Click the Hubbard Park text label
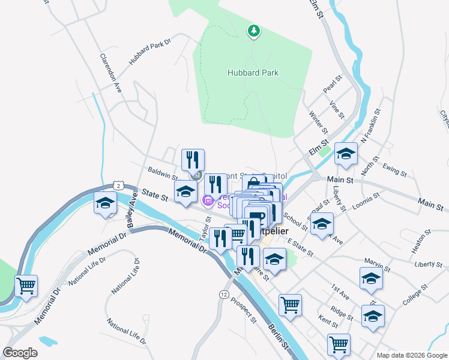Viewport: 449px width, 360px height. click(253, 73)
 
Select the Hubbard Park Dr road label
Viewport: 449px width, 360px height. click(149, 52)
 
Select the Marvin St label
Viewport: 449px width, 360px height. click(377, 262)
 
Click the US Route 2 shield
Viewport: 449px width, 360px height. click(119, 187)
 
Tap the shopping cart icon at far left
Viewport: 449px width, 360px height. click(26, 287)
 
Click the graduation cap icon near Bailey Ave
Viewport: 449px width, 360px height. click(105, 204)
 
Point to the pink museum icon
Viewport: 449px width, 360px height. click(208, 200)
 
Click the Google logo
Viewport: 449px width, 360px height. click(20, 353)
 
